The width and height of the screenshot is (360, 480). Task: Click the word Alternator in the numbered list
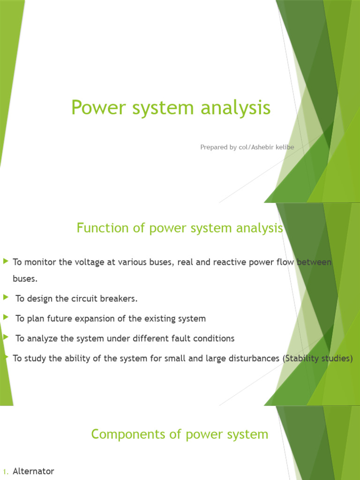pos(33,471)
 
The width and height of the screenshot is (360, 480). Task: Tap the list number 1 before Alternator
pos(5,472)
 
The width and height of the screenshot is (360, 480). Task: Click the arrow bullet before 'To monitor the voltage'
pos(6,261)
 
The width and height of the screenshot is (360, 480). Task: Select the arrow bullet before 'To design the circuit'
pos(6,298)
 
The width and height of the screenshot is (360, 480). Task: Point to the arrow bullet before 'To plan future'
pos(6,318)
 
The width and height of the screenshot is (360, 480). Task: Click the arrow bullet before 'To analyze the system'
pos(6,337)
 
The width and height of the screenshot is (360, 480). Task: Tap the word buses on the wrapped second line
pos(25,279)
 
